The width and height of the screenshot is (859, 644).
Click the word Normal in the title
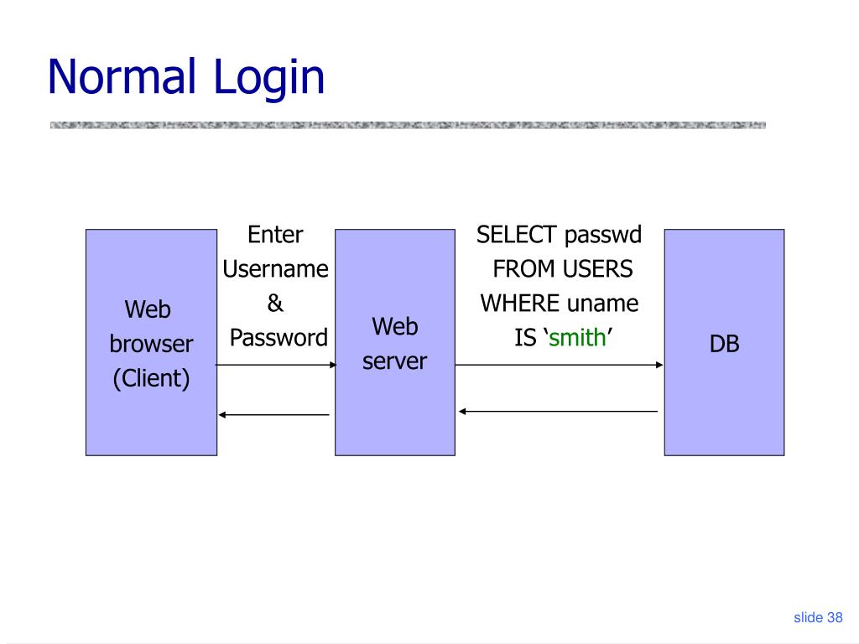coord(123,76)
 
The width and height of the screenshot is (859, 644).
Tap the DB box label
coord(724,344)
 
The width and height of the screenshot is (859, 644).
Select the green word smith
coord(577,338)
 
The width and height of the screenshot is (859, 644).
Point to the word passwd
coord(602,235)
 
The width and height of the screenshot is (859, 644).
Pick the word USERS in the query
coord(597,269)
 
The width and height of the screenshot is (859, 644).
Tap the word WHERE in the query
coord(520,304)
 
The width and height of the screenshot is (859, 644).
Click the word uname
coord(602,304)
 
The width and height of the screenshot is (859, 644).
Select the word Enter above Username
coord(275,235)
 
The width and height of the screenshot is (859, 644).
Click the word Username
coord(275,269)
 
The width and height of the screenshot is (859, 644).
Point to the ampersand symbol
coord(275,304)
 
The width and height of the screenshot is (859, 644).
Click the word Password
coord(279,338)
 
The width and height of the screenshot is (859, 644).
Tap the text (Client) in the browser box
coord(152,379)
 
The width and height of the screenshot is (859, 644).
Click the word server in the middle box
coord(394,361)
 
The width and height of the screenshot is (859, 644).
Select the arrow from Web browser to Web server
coord(276,365)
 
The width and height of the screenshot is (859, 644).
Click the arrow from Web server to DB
coord(559,365)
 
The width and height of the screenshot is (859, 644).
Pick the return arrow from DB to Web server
coord(559,411)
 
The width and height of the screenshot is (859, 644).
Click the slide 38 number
coord(817,618)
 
